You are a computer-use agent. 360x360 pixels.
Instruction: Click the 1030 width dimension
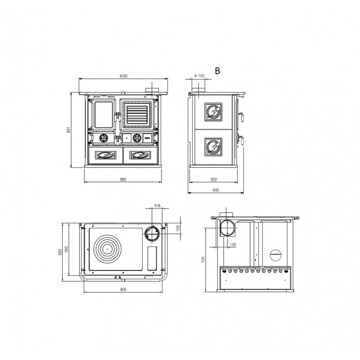(x=123, y=76)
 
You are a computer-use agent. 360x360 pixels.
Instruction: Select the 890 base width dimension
(x=123, y=179)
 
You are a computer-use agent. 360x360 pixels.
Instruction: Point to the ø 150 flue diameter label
(x=199, y=76)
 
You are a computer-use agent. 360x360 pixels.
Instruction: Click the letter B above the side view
(x=217, y=71)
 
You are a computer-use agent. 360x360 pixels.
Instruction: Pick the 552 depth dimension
(x=213, y=180)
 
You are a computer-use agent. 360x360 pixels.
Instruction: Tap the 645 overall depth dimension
(x=216, y=190)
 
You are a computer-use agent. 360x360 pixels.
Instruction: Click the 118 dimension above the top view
(x=157, y=206)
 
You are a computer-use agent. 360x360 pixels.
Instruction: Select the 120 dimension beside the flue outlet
(x=177, y=229)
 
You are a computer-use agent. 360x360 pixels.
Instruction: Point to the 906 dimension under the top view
(x=123, y=289)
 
